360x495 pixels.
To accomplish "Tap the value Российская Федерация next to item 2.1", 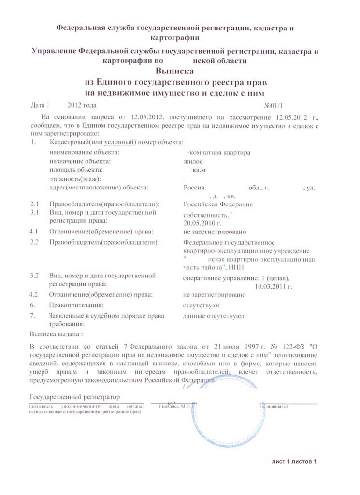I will (x=218, y=204).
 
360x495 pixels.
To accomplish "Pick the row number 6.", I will (x=32, y=306).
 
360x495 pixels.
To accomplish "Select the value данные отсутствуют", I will (x=214, y=316).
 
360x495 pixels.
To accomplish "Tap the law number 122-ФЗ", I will (x=288, y=347).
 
